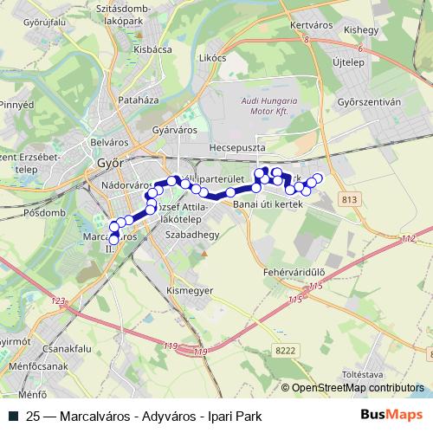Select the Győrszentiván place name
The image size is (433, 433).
(x=370, y=101)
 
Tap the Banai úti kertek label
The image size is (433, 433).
(x=267, y=204)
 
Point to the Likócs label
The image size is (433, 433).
(x=212, y=58)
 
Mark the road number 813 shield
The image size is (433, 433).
(x=349, y=200)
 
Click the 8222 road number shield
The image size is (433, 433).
(x=285, y=350)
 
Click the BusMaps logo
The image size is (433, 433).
(x=392, y=415)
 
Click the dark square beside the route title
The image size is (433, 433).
(x=12, y=416)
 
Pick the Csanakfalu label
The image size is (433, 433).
(x=42, y=349)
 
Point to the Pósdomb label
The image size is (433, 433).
(x=45, y=212)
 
